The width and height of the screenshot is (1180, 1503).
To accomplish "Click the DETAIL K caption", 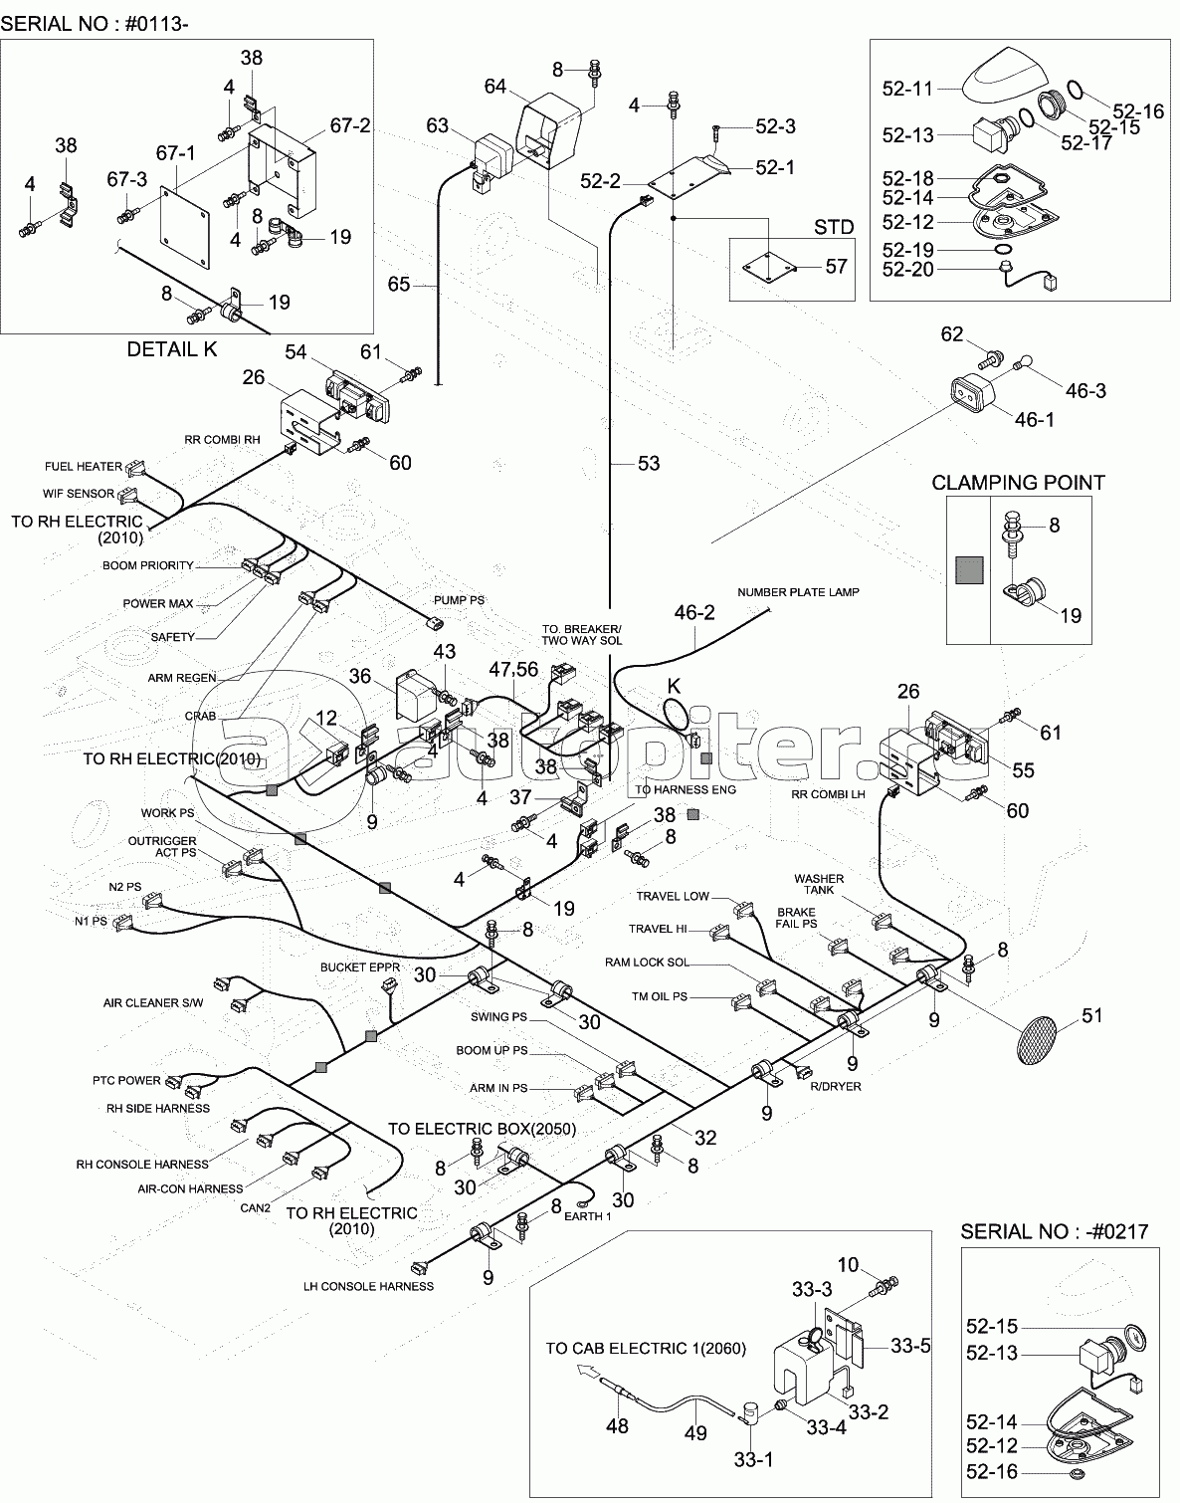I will (172, 349).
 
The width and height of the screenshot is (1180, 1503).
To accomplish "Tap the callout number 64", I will (495, 87).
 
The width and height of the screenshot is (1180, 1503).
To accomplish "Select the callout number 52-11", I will (906, 89).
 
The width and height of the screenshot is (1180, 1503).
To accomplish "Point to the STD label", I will (833, 227).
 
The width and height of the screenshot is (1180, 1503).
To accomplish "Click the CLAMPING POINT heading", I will (1018, 483).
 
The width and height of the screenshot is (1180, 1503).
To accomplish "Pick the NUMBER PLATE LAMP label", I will (798, 592).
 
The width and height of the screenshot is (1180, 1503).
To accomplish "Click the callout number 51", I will (1092, 1015).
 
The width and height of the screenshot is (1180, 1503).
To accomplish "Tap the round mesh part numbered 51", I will (1038, 1041).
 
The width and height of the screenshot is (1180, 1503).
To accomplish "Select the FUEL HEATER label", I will (84, 466).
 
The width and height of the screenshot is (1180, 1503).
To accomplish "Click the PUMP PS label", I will (459, 600).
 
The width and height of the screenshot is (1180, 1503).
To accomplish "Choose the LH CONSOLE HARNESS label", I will (368, 1286).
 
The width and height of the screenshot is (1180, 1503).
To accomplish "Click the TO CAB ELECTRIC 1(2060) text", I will (645, 1349).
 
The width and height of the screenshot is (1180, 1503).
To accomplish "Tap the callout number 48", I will (617, 1425).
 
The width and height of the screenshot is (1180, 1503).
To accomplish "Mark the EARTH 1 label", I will (587, 1216).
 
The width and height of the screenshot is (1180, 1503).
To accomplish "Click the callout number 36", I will (359, 677).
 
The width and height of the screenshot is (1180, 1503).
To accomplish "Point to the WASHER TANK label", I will (819, 884).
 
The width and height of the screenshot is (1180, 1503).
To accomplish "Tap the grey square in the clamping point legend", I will (968, 570).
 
